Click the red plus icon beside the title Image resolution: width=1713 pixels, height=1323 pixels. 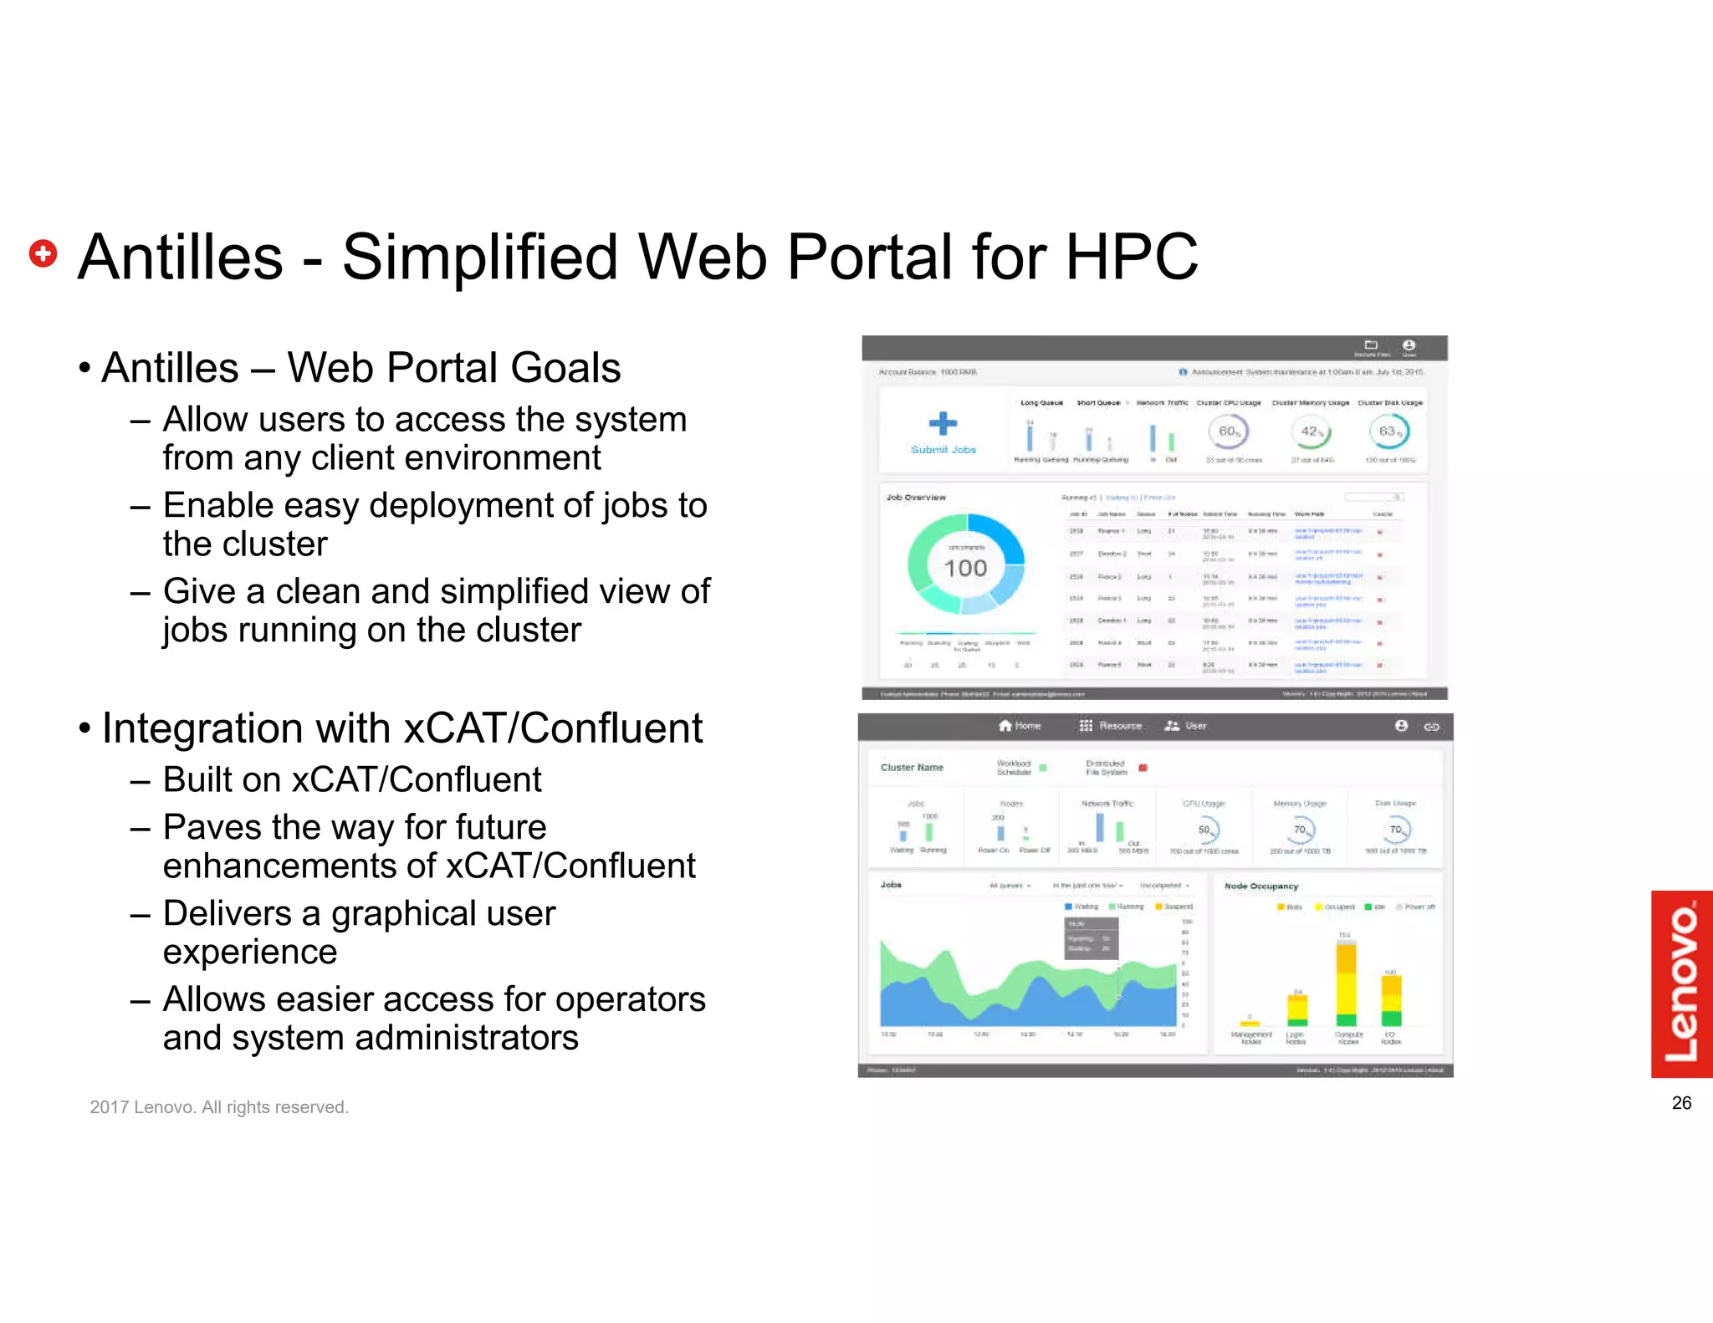[x=43, y=253]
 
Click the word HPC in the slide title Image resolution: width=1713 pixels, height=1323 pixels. [x=1131, y=257]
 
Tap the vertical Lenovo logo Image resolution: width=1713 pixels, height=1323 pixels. [x=1681, y=983]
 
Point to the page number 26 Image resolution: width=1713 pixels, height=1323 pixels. [x=1681, y=1103]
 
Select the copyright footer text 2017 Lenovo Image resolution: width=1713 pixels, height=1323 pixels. [x=219, y=1107]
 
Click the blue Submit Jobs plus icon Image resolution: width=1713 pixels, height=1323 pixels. [x=943, y=423]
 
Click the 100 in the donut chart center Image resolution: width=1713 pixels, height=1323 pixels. [x=965, y=569]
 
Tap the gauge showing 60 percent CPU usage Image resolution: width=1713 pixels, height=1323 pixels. [x=1227, y=432]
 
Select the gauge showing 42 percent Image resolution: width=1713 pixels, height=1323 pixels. [x=1310, y=432]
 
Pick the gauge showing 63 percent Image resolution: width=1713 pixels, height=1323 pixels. [x=1388, y=432]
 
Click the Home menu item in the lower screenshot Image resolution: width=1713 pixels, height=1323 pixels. [x=1020, y=726]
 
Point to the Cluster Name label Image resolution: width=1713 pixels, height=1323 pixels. [x=912, y=767]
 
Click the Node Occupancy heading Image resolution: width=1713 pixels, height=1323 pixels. [x=1260, y=886]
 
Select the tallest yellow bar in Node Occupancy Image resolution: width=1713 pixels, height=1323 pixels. [x=1346, y=983]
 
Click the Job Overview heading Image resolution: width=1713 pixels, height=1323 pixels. [x=916, y=497]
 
